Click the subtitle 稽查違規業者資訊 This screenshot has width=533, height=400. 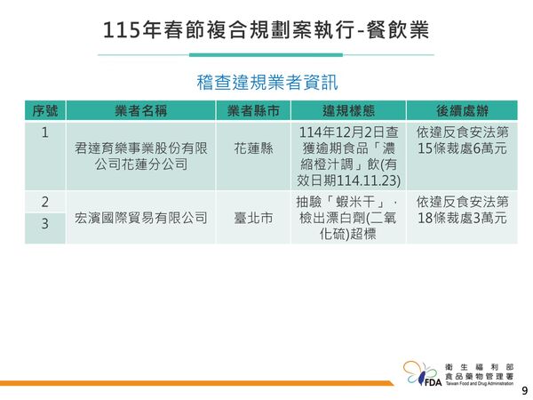(x=266, y=83)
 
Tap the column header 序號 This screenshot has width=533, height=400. (x=45, y=111)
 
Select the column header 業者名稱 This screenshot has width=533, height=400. (x=141, y=111)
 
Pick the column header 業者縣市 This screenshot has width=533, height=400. (x=253, y=111)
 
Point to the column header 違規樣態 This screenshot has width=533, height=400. (x=347, y=111)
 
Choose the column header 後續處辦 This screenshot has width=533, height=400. (x=460, y=111)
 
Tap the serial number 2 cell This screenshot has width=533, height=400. (x=45, y=202)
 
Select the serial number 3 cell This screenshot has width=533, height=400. (x=45, y=225)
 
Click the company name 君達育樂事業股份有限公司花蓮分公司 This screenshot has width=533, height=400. (x=141, y=156)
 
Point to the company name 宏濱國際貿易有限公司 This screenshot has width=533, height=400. (x=141, y=216)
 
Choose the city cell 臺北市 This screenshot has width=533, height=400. (x=253, y=216)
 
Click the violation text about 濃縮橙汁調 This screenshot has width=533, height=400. (x=347, y=156)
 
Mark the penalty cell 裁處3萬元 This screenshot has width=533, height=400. (x=460, y=210)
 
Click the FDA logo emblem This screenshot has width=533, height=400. (x=420, y=373)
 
